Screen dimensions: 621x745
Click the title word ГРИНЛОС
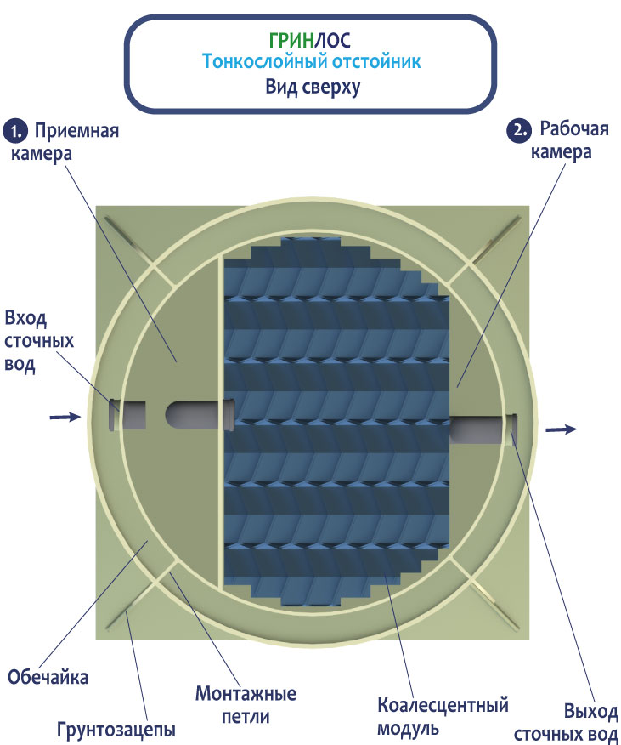(309, 40)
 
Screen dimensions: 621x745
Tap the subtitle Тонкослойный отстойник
(312, 62)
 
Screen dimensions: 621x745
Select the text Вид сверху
(313, 87)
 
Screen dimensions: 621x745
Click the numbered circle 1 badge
(16, 132)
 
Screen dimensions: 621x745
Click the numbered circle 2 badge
(519, 130)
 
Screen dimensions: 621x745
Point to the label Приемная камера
(65, 141)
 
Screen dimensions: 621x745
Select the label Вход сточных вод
(39, 341)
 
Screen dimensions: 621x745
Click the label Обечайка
(48, 677)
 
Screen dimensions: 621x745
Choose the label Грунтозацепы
(116, 729)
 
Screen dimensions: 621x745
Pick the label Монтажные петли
(246, 705)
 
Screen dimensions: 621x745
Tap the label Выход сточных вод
(567, 723)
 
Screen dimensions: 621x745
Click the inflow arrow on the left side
(65, 417)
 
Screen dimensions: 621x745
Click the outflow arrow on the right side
(562, 429)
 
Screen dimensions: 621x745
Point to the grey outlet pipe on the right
(483, 429)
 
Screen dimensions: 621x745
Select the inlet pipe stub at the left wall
(127, 415)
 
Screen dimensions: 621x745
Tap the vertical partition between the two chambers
(221, 421)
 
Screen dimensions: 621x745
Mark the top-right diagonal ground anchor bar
(495, 241)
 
